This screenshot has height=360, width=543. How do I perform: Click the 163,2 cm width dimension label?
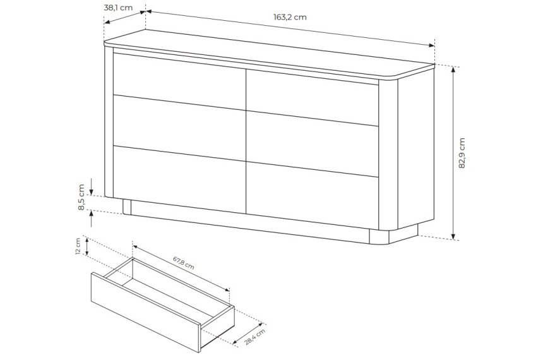point(290,17)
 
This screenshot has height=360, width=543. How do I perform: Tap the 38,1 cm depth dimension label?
point(118,8)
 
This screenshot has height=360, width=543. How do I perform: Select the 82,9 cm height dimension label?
point(462,153)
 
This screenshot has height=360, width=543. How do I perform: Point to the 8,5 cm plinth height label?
point(81,197)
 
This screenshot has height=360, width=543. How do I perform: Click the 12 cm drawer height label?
point(78,246)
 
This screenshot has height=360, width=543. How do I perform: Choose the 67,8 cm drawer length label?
point(184,263)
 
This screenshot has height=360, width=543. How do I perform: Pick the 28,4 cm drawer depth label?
point(255,337)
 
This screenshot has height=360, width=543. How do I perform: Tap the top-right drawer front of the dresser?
point(312,98)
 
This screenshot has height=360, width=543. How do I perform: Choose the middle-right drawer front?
point(312,144)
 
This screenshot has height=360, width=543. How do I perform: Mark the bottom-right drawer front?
point(312,195)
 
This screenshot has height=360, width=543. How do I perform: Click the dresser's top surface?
point(270,54)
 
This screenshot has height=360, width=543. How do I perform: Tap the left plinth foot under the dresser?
point(127,207)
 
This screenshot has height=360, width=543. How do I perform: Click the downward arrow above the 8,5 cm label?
point(92,186)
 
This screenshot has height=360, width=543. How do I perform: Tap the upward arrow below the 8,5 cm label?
point(92,219)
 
